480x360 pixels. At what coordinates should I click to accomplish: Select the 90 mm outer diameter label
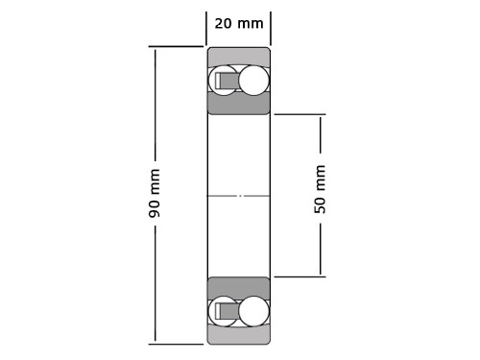coord(155,193)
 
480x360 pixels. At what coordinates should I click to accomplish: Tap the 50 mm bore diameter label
coord(321,188)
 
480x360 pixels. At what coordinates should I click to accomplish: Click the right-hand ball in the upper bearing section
coord(254,81)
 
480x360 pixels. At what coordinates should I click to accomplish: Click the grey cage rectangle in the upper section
coord(228,81)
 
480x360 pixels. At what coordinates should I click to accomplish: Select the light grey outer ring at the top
coord(239,55)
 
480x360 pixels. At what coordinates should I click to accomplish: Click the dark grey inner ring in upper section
coord(239,105)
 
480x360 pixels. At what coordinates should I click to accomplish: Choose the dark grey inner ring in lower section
coord(239,286)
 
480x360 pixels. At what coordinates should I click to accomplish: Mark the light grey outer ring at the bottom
coord(239,336)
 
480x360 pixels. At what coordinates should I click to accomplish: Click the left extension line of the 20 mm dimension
coord(206,27)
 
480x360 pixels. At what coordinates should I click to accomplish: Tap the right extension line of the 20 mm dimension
coord(271,27)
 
